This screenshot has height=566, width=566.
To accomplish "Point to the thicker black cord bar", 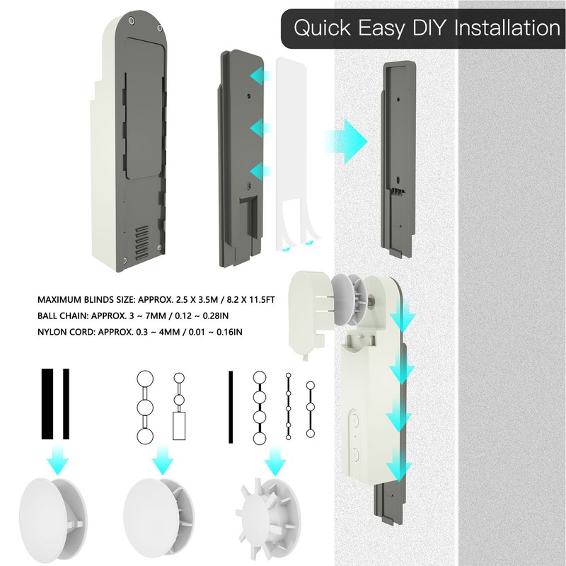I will pyautogui.click(x=48, y=404).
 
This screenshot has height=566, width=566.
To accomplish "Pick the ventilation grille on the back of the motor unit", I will pyautogui.click(x=143, y=241).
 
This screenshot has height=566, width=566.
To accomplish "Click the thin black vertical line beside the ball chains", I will pyautogui.click(x=231, y=407).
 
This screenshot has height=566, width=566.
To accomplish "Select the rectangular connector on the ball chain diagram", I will pyautogui.click(x=179, y=427).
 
